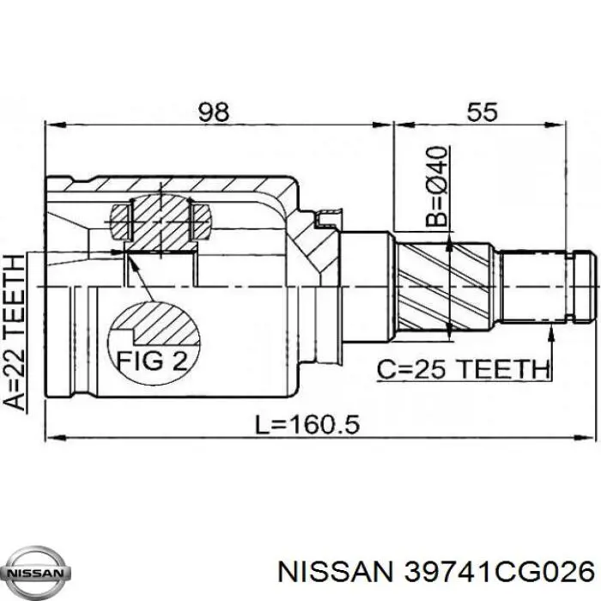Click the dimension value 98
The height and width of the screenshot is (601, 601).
coord(214,112)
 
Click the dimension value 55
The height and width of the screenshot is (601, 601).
coord(482,112)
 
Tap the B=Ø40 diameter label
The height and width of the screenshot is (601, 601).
coord(437,186)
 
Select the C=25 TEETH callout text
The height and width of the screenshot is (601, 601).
coord(463,369)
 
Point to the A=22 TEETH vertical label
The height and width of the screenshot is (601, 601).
coord(15,332)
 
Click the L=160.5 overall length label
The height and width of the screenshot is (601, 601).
coord(307,425)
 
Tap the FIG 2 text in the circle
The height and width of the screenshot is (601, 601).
coord(152,361)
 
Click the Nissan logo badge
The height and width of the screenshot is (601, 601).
coord(35,574)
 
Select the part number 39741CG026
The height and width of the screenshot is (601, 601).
coord(500,573)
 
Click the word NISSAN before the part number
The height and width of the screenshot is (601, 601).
coord(336,573)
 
